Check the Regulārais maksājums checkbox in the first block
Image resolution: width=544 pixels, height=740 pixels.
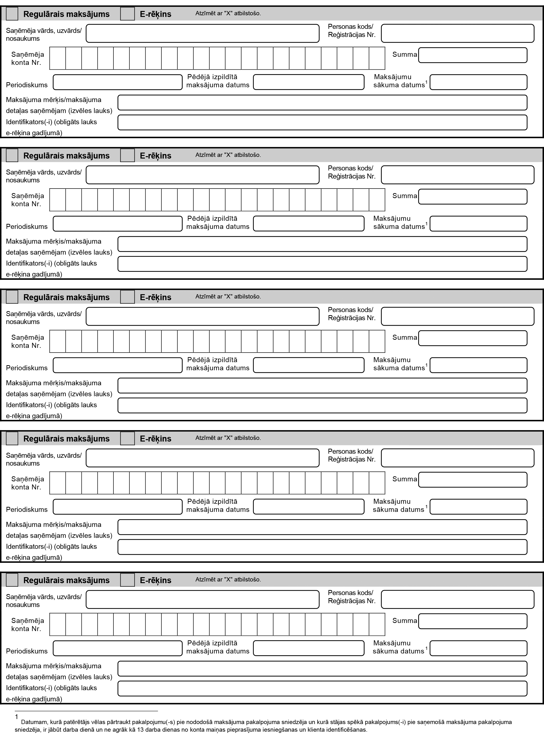click(12, 14)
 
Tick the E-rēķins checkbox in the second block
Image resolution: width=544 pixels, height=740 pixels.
click(127, 155)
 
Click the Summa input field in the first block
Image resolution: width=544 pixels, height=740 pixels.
click(473, 55)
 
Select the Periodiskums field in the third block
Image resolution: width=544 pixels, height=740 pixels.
click(117, 365)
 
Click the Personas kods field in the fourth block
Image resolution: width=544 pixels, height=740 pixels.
click(458, 458)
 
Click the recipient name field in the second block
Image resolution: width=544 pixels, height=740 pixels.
click(203, 175)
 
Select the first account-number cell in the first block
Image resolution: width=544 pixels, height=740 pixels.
click(58, 58)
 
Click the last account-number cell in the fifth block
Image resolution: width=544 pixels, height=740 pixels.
click(377, 624)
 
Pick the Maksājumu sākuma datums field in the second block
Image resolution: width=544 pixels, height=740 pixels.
click(478, 224)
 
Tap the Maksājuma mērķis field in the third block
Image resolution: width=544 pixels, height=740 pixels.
click(322, 385)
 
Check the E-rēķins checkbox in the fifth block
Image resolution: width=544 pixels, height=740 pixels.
click(127, 580)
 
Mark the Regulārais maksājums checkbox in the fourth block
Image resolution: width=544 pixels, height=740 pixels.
click(12, 438)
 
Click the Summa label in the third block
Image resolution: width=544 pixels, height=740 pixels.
click(404, 337)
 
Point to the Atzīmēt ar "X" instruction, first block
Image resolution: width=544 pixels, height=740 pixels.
click(228, 14)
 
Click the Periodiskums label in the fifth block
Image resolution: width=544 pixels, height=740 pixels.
click(27, 651)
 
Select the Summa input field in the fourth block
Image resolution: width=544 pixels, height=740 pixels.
click(473, 480)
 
